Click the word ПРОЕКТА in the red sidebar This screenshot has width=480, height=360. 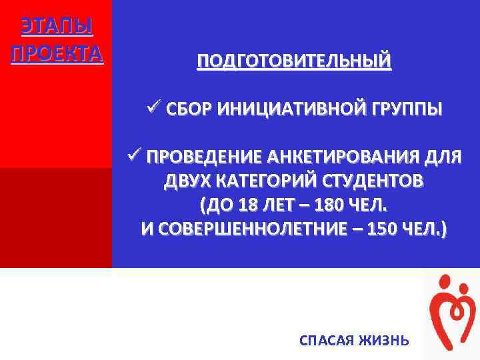(57, 53)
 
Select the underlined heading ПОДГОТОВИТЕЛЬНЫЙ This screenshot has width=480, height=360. (294, 62)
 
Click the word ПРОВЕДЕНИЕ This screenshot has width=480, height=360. (203, 158)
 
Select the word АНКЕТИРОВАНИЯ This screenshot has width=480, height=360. (343, 158)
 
